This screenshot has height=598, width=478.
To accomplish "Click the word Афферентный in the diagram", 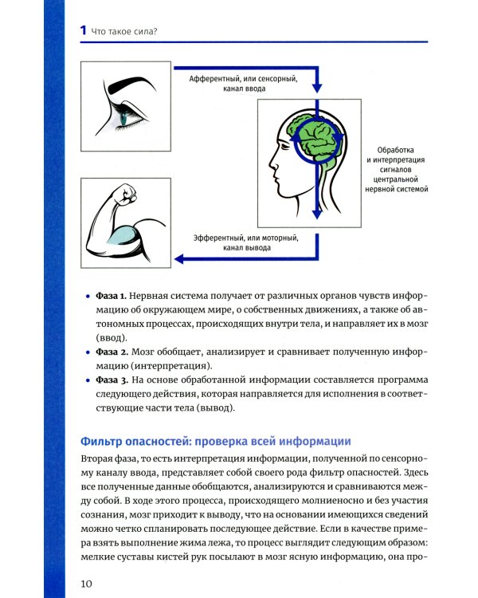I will pos(217,78).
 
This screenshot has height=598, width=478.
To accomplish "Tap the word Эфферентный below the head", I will pos(218,237).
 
